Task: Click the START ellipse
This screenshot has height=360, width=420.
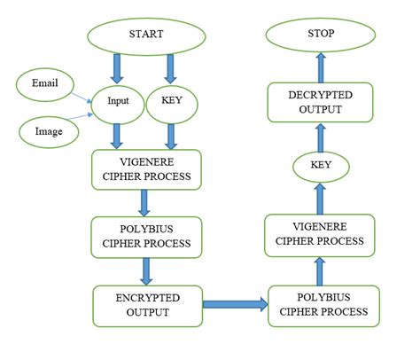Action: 146,36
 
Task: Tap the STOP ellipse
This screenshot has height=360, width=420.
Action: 322,36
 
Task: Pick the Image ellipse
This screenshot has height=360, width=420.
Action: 50,132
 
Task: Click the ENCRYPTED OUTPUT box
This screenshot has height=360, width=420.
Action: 146,305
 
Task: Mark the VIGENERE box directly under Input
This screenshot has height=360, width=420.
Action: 146,168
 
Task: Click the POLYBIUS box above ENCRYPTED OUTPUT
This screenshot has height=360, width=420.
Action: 146,235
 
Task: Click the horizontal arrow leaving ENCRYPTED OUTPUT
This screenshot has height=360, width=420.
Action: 235,305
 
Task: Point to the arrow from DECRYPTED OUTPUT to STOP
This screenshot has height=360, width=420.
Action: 322,69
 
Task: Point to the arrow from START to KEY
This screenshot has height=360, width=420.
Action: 171,67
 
